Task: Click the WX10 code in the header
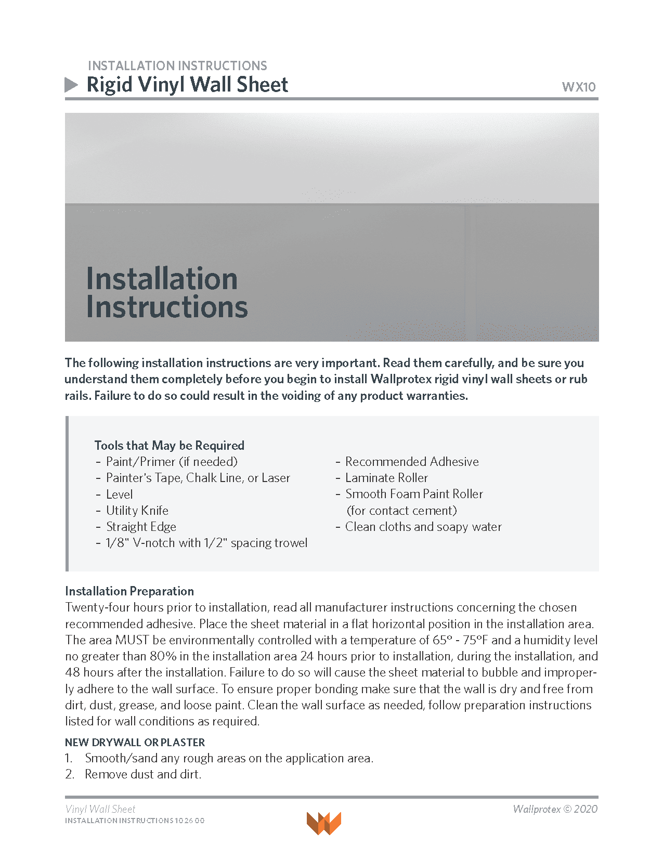(578, 87)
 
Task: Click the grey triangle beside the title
(71, 85)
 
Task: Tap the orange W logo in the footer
(323, 823)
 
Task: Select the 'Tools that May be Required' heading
(169, 445)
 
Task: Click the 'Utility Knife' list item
(137, 510)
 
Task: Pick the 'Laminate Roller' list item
(386, 477)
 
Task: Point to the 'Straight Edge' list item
(141, 526)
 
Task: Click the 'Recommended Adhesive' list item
(412, 461)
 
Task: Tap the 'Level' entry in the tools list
(119, 494)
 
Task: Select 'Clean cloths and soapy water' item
(423, 526)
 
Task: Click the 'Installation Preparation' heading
(129, 591)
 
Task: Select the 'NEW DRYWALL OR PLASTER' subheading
(135, 742)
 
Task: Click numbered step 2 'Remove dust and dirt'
(143, 774)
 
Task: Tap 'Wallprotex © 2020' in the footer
(555, 809)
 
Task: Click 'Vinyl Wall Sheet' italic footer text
(100, 809)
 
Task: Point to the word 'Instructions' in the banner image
(166, 307)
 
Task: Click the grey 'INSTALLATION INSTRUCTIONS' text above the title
(177, 66)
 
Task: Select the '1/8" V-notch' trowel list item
(206, 542)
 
